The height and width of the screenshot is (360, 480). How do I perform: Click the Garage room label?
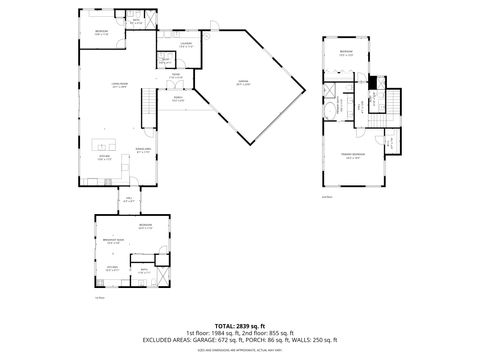243,84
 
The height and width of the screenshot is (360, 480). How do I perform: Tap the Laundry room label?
186,45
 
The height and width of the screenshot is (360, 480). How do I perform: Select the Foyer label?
174,76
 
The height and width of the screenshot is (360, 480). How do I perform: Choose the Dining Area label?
143,149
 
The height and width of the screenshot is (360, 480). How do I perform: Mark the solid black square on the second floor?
371,82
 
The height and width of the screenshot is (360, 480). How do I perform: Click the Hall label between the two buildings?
129,200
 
